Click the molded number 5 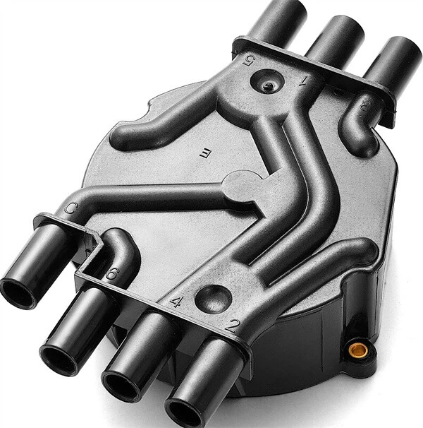[x=249, y=60]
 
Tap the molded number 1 [x=305, y=81]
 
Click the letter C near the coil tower [x=70, y=208]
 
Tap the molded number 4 [x=176, y=302]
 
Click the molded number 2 [x=231, y=326]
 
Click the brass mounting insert [x=357, y=349]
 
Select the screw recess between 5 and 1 [x=268, y=85]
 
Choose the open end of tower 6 [x=61, y=360]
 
